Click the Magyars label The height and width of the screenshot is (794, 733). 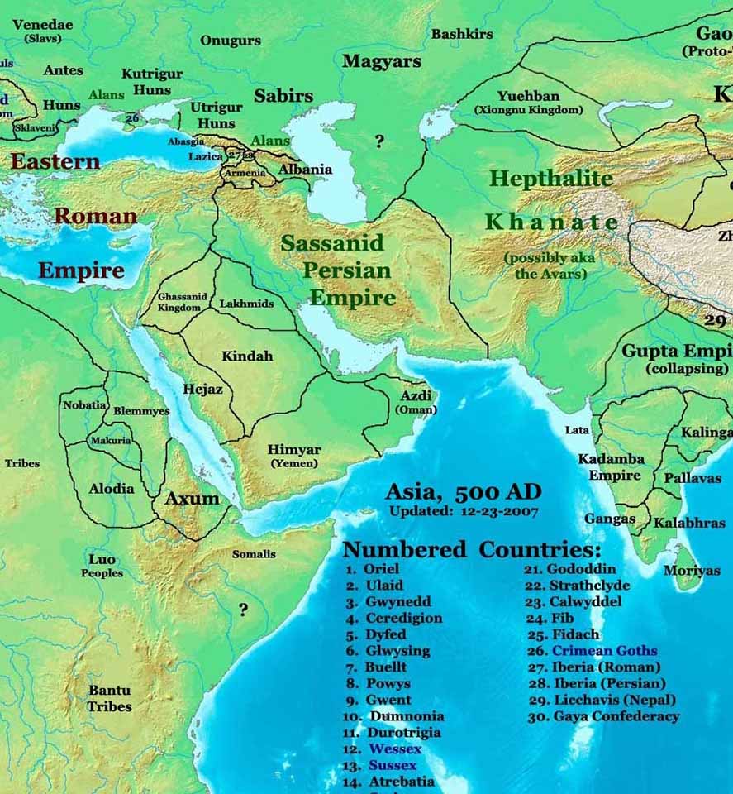pos(381,61)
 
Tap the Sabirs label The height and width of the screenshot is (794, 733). pos(283,96)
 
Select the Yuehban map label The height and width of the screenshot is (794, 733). pos(528,97)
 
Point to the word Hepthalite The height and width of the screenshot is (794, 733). pos(551,178)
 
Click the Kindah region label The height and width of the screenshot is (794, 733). pos(247,356)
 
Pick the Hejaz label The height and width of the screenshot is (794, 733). pos(202,389)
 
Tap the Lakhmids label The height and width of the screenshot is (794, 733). pos(246,304)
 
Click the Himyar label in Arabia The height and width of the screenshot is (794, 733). pos(294,450)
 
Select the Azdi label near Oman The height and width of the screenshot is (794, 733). pos(416,396)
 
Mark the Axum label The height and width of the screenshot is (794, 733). pos(193,498)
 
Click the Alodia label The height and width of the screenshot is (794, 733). pos(112,488)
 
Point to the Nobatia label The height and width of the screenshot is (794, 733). pos(85,405)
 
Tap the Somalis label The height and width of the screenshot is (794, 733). pos(254,554)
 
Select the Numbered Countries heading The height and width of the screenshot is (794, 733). pos(472,549)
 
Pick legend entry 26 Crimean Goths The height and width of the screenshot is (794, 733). pos(592,651)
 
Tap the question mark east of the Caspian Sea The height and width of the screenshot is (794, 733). pos(379,141)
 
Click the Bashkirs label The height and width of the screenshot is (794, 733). pos(462,34)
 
